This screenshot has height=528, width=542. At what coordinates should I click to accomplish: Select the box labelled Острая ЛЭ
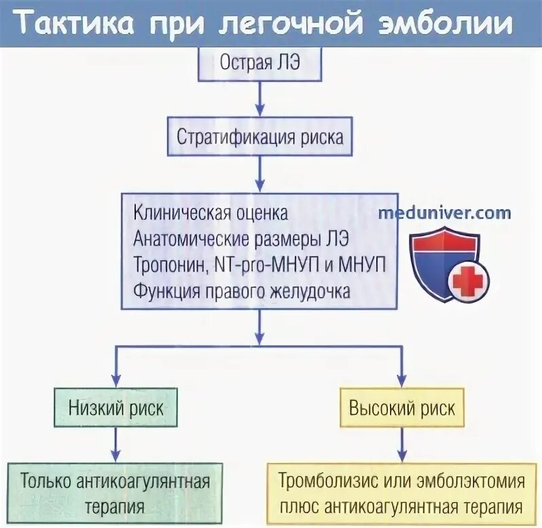(x=259, y=64)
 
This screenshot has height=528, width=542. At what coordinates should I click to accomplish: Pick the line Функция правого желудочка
(x=242, y=292)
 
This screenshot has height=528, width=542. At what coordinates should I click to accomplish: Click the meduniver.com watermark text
(x=445, y=212)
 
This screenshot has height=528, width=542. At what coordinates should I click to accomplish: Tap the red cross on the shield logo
(x=466, y=280)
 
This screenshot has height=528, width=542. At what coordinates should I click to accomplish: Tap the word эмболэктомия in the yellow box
(x=471, y=481)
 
